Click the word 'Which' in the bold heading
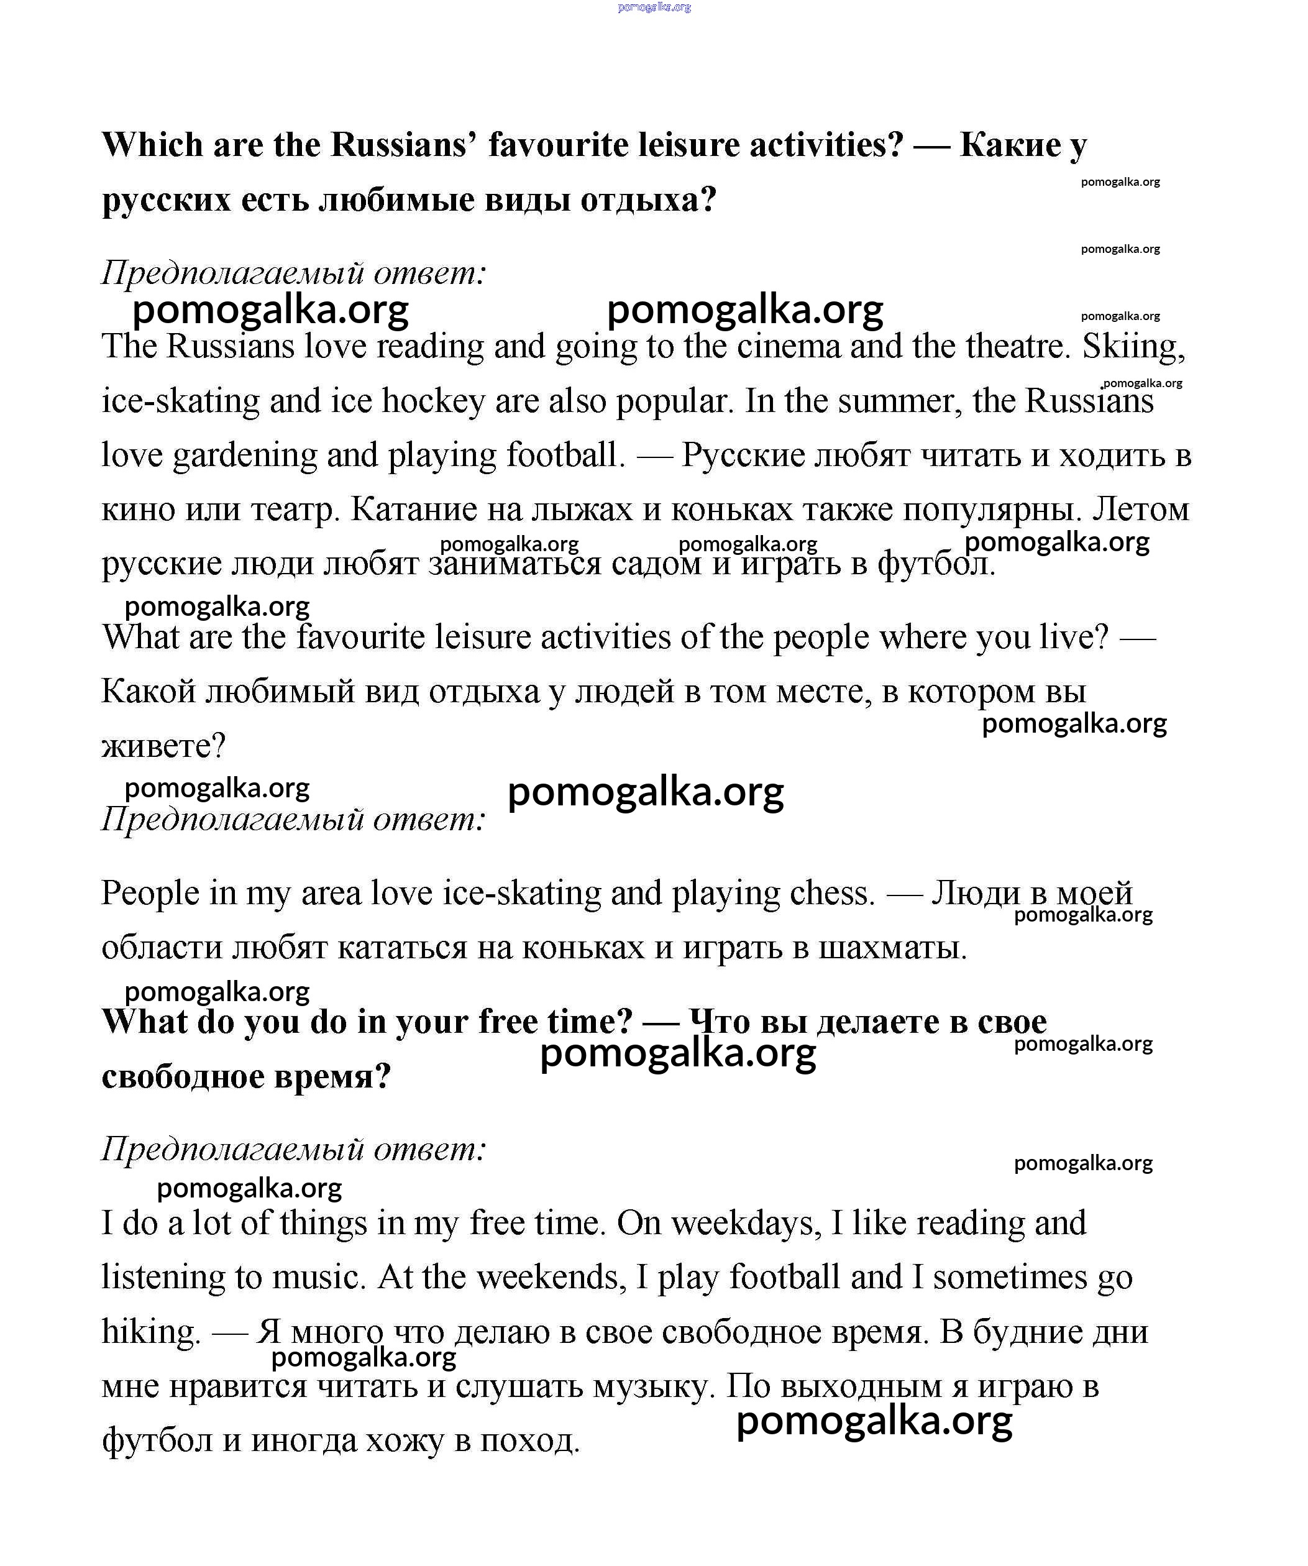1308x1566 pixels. click(x=152, y=145)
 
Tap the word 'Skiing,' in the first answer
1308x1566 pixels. click(x=1133, y=347)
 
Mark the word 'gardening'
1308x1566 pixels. click(x=245, y=456)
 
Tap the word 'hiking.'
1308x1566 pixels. click(x=152, y=1332)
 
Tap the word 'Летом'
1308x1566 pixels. click(x=1140, y=510)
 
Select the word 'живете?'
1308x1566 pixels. click(x=163, y=746)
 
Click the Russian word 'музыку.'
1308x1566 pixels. click(x=655, y=1386)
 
